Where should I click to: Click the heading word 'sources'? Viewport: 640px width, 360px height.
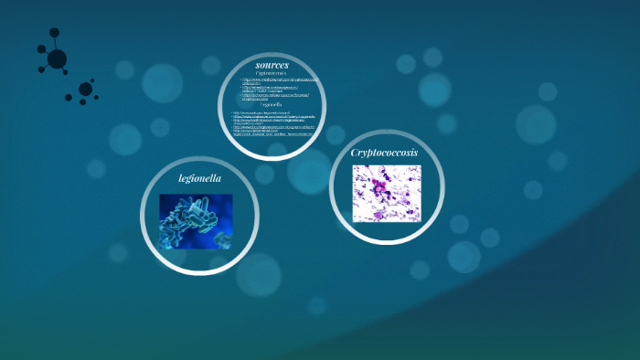(272, 65)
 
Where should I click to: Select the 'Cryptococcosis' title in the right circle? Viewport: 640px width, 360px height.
(384, 153)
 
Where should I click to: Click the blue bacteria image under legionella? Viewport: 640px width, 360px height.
(196, 220)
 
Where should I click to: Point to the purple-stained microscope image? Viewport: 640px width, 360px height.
(386, 193)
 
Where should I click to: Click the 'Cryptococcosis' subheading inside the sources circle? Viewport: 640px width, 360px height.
(272, 73)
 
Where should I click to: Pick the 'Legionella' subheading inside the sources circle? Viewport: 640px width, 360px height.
(272, 104)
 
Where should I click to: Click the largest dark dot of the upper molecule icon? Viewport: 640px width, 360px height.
(57, 59)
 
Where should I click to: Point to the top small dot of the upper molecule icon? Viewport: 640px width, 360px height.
(54, 32)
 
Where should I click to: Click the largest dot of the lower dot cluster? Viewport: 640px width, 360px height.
(85, 89)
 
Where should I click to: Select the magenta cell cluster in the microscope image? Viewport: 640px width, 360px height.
(376, 187)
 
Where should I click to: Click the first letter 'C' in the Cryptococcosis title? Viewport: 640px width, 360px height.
(356, 153)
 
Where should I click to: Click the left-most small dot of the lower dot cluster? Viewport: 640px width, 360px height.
(69, 98)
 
